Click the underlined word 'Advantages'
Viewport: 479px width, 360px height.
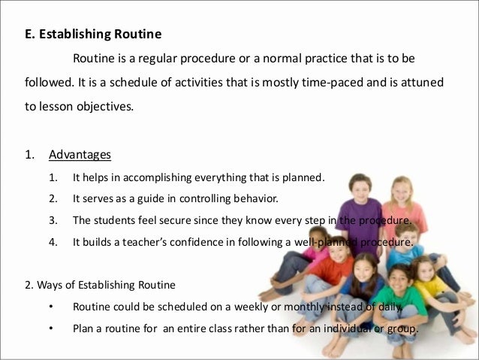(x=80, y=156)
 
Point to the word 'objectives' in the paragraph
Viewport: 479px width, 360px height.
(x=104, y=106)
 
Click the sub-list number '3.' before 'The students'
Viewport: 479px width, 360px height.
(x=53, y=221)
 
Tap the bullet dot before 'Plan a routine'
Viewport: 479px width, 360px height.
(x=52, y=328)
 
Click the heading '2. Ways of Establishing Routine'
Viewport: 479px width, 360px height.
(x=96, y=285)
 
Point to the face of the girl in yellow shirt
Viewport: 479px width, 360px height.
(x=426, y=268)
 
